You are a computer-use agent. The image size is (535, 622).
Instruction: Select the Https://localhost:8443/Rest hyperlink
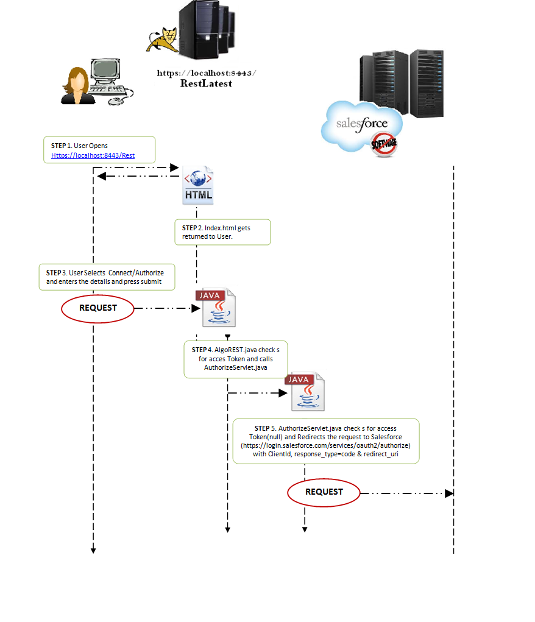93,155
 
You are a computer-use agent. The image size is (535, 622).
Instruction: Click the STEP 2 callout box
222,232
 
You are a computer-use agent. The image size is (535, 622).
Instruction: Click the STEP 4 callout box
236,359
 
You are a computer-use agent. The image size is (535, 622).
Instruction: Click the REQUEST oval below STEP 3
97,308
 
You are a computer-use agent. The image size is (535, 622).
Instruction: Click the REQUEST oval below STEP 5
324,492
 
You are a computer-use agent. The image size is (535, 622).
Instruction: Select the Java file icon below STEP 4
305,392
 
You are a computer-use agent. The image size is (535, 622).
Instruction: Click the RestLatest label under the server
206,84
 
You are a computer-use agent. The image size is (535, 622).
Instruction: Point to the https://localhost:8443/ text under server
206,72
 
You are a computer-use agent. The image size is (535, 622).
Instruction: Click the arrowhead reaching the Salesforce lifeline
449,493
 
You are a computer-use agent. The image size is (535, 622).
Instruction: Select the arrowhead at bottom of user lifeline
93,550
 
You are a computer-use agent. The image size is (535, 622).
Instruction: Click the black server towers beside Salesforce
401,82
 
